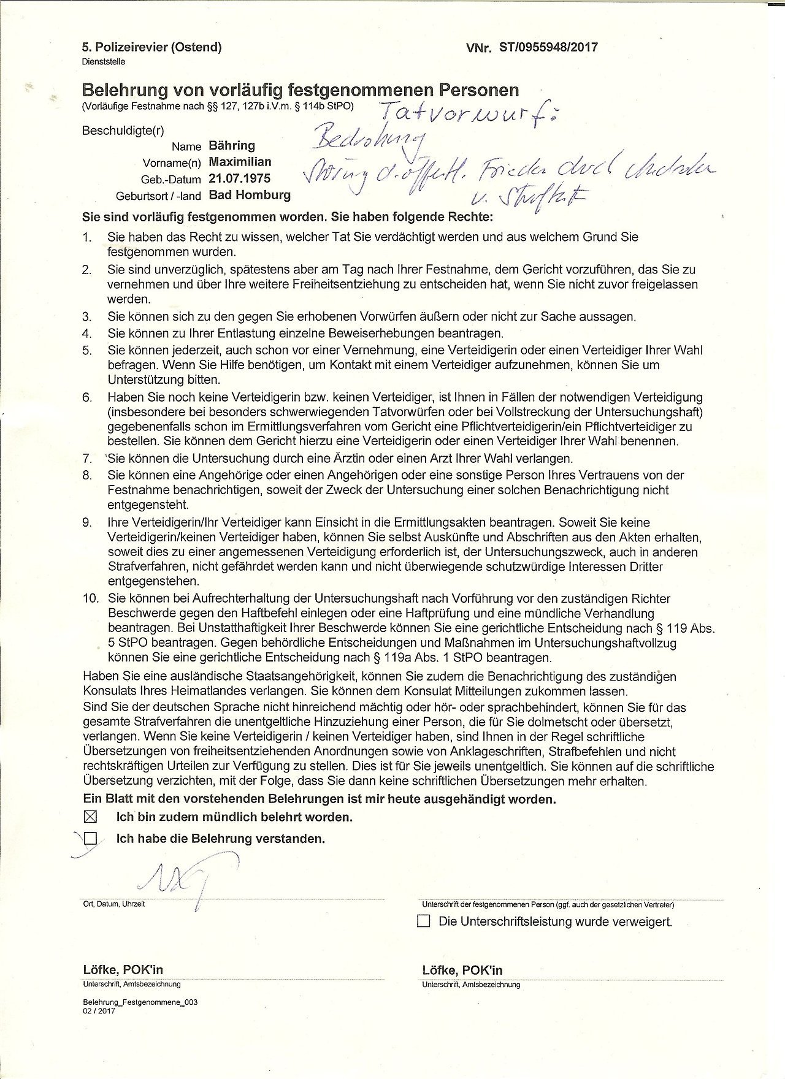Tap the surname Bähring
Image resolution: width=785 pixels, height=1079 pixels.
pos(231,146)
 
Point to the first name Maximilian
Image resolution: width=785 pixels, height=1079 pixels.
pos(240,162)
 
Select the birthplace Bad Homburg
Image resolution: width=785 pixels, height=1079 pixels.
pos(249,196)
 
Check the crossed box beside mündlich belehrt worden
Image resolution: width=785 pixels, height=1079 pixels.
pos(90,817)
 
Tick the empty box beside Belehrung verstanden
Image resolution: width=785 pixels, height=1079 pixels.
pos(90,838)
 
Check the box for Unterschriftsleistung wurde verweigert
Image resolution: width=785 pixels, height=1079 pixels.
pos(423,921)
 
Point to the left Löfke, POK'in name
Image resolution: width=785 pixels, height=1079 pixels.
pos(123,970)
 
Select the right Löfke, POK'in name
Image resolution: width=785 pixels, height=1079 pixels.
pos(462,970)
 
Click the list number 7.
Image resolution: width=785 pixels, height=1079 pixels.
pos(87,459)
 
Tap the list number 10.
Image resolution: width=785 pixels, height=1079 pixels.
pos(90,598)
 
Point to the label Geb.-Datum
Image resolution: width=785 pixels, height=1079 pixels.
pos(171,180)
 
